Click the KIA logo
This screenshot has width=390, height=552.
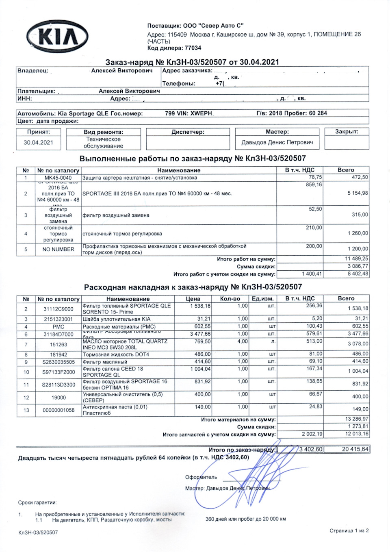(57, 37)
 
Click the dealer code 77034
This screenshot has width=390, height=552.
(193, 48)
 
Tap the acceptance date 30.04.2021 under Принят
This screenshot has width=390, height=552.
(38, 143)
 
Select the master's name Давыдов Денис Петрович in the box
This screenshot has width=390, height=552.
(277, 143)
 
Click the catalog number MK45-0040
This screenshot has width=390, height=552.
(58, 178)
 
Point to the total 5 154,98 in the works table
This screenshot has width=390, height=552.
(357, 193)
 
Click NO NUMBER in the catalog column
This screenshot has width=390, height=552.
(58, 249)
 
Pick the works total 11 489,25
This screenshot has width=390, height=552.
(356, 259)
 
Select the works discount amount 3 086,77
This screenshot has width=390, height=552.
(357, 266)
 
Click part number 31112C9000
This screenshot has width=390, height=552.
(58, 309)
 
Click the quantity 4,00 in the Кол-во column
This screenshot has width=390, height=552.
(243, 341)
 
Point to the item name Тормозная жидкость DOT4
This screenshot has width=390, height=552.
(116, 354)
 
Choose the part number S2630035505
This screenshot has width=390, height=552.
(58, 362)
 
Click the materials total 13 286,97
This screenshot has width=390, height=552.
(356, 419)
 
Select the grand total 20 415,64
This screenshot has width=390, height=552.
(355, 449)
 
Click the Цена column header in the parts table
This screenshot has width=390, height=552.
(193, 299)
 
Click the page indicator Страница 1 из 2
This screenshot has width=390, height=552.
(349, 530)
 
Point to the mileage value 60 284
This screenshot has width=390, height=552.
(318, 113)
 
